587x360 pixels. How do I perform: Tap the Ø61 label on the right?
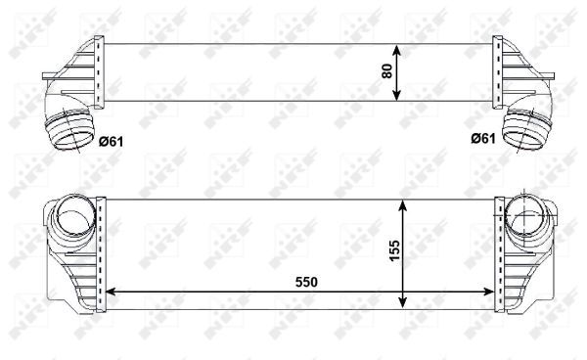pyautogui.click(x=481, y=139)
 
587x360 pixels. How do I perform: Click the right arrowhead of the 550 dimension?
pyautogui.click(x=495, y=292)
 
